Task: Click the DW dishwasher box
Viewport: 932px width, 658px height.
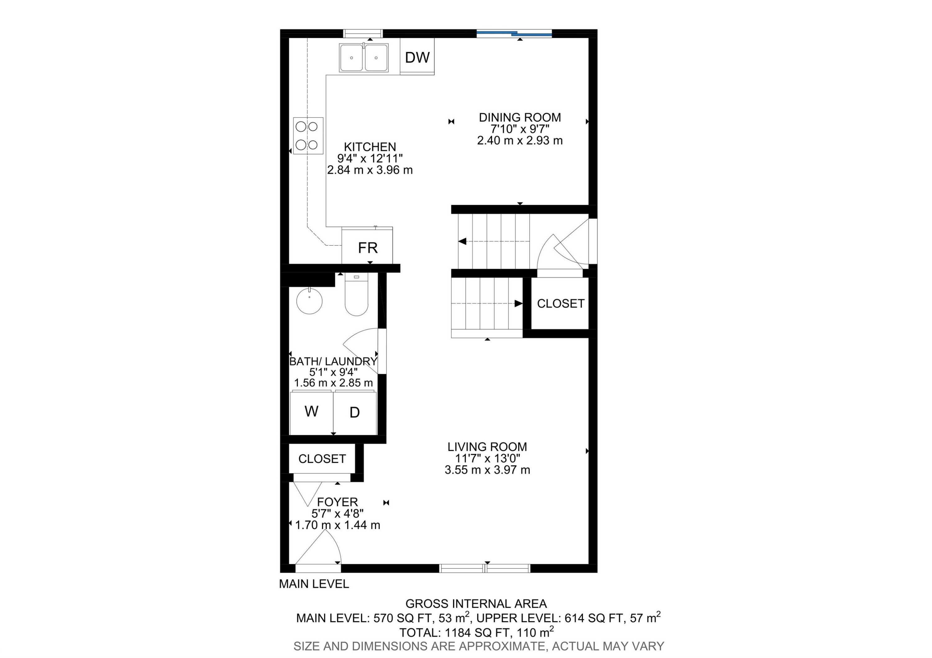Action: click(x=417, y=57)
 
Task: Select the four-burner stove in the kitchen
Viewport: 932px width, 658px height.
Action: click(x=308, y=135)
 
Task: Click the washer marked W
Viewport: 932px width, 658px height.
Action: click(x=311, y=412)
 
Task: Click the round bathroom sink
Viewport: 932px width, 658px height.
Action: click(x=309, y=301)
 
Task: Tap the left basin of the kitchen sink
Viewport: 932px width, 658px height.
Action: click(x=352, y=58)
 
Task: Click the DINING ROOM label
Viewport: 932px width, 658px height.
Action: click(x=519, y=117)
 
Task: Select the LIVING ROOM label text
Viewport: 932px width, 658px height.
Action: click(x=487, y=447)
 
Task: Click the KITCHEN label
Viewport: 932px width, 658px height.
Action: click(x=370, y=147)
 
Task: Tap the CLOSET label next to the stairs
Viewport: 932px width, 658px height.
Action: click(x=560, y=303)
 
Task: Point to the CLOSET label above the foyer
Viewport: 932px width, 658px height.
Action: click(x=322, y=459)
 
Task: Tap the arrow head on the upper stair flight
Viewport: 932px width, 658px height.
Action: click(x=462, y=241)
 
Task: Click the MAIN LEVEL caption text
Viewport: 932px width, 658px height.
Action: click(x=314, y=584)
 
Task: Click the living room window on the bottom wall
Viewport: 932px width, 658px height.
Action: click(x=485, y=568)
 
